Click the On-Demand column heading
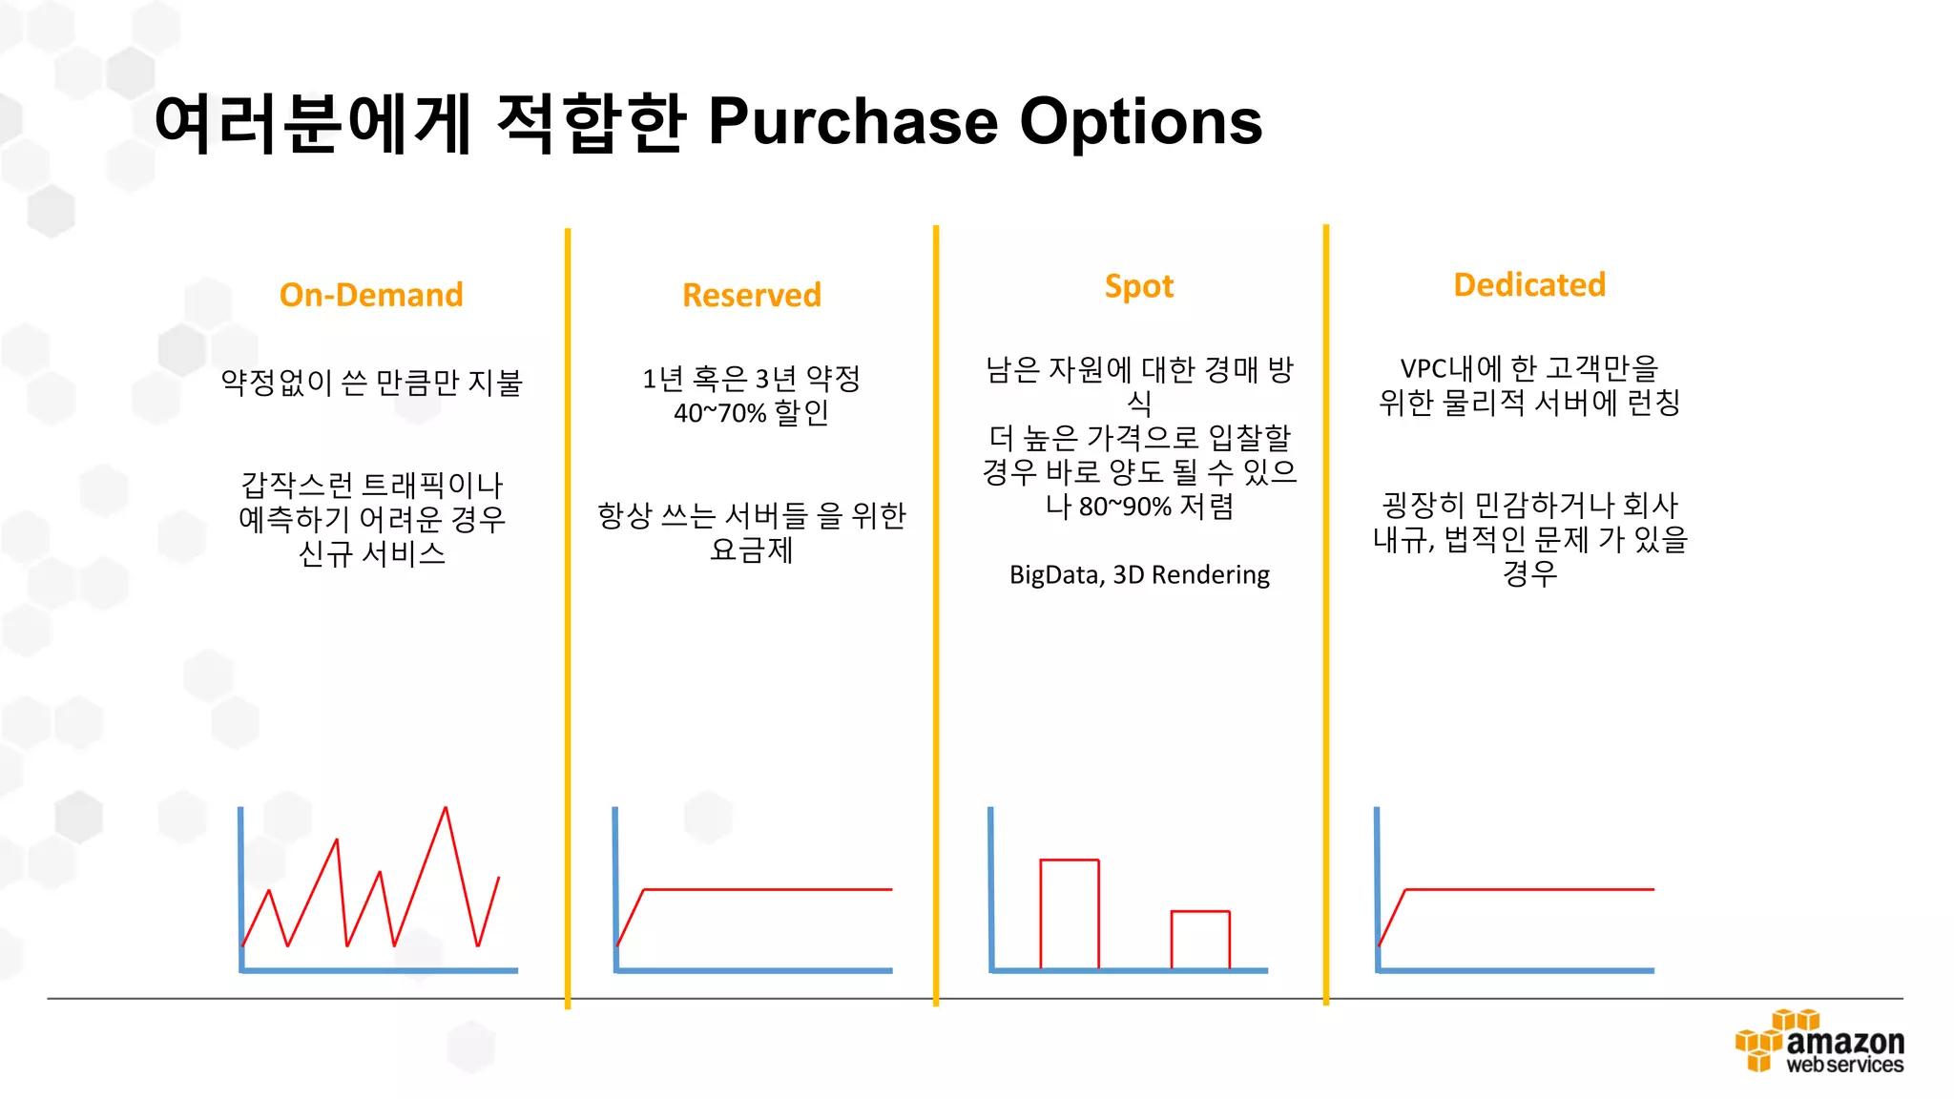click(x=371, y=295)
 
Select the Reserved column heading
click(x=752, y=296)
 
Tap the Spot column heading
click(x=1139, y=286)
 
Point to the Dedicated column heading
click(x=1529, y=284)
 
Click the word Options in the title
click(x=1141, y=122)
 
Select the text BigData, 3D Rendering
click(x=1139, y=575)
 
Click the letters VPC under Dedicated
click(x=1423, y=369)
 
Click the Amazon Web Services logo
click(x=1819, y=1042)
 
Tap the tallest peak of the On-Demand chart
click(x=446, y=810)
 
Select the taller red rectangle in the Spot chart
click(x=1070, y=913)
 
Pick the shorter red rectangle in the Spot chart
click(x=1200, y=940)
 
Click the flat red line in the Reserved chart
click(x=768, y=889)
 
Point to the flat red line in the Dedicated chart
click(x=1529, y=889)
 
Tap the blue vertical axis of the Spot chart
click(x=991, y=887)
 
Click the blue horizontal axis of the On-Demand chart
click(x=380, y=970)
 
